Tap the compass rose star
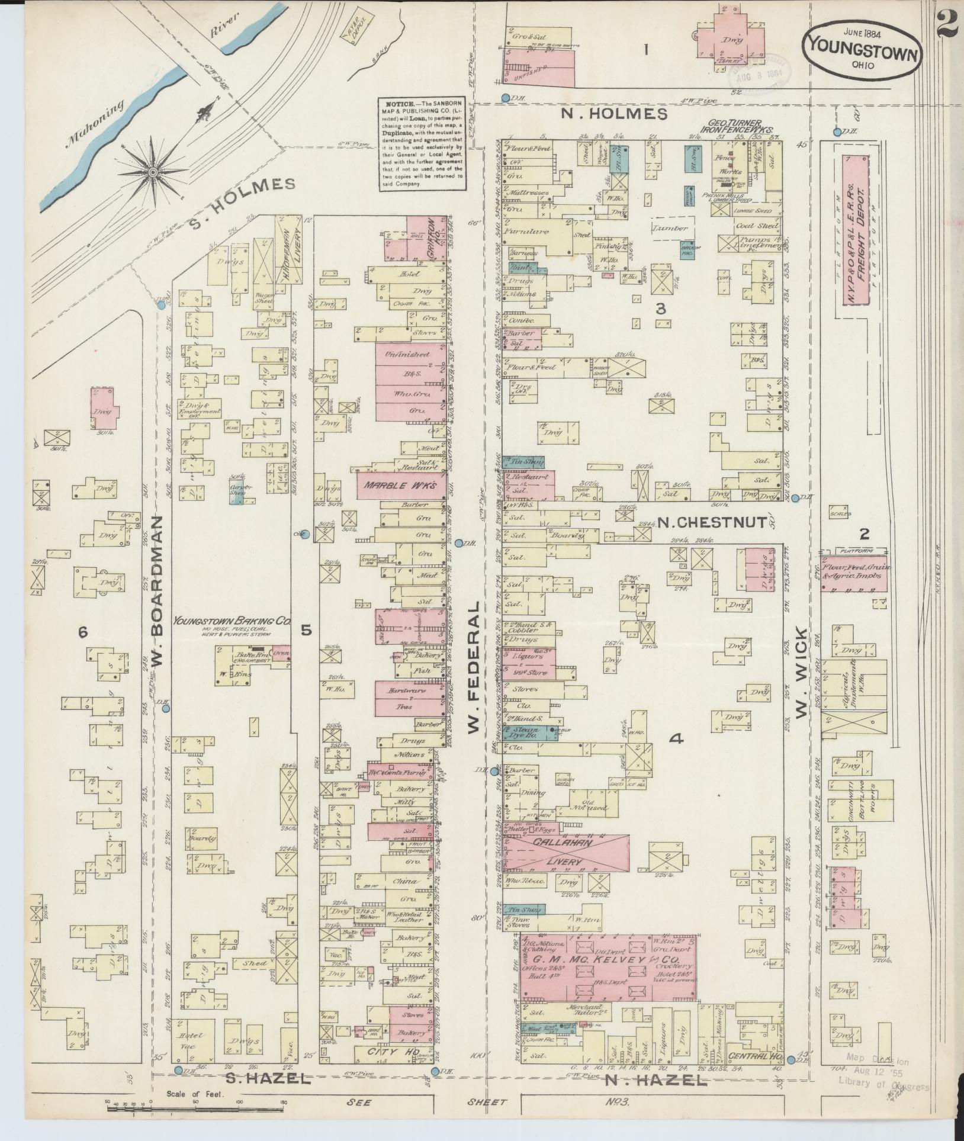(153, 172)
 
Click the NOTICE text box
(423, 144)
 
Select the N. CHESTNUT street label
(702, 523)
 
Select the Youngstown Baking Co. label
(232, 622)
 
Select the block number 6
(83, 633)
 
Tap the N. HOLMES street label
(614, 114)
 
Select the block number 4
(676, 738)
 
